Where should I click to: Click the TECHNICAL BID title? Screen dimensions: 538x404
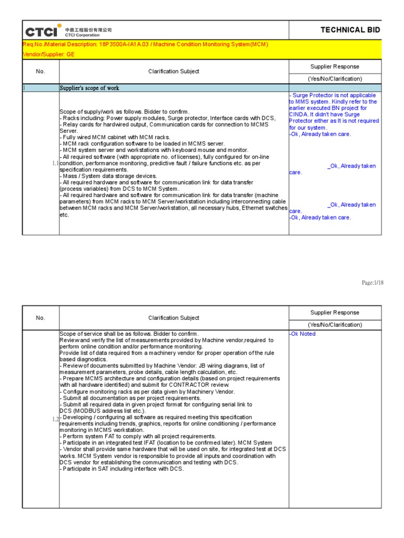350,30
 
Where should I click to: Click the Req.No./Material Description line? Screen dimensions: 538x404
145,44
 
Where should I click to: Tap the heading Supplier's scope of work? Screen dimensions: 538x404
89,88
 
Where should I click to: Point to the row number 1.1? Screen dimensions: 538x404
55,163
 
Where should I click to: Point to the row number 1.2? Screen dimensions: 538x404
55,419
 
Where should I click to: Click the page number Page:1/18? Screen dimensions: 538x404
372,283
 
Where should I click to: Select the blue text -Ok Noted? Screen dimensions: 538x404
302,334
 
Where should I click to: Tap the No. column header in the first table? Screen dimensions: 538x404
41,71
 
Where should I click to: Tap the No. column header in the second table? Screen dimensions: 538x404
41,318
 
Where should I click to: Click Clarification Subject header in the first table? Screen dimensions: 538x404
174,71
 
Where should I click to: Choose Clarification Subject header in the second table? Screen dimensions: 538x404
174,318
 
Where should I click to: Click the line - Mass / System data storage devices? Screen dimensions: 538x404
108,176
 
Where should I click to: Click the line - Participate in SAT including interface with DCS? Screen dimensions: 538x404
122,469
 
